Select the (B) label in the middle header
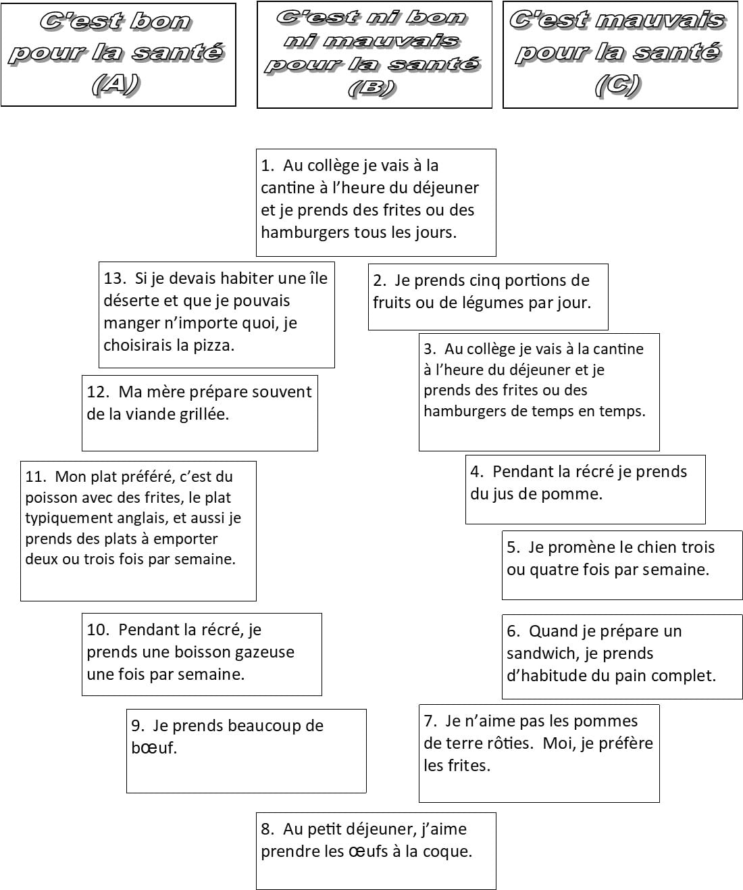(372, 89)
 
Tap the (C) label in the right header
(618, 85)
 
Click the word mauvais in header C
(660, 20)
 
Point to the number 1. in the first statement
(267, 166)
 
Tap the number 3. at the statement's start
(430, 349)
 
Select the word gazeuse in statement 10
(265, 652)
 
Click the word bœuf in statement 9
(154, 747)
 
